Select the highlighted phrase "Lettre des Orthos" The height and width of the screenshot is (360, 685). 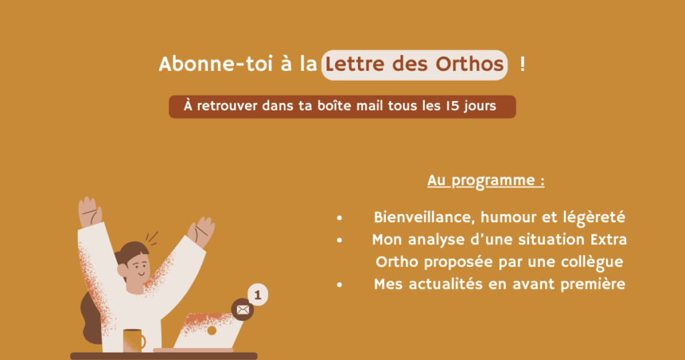(413, 65)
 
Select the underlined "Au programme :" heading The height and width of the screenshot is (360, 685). (485, 181)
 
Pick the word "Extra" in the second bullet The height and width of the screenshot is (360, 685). (608, 240)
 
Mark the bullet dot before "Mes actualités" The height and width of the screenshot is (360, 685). (340, 284)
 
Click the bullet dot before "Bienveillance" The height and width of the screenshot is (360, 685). (340, 218)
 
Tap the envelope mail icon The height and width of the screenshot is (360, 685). (242, 310)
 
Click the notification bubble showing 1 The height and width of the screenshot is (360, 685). (258, 294)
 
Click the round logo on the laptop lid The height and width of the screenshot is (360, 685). (211, 331)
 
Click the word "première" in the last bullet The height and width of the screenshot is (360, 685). (593, 284)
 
